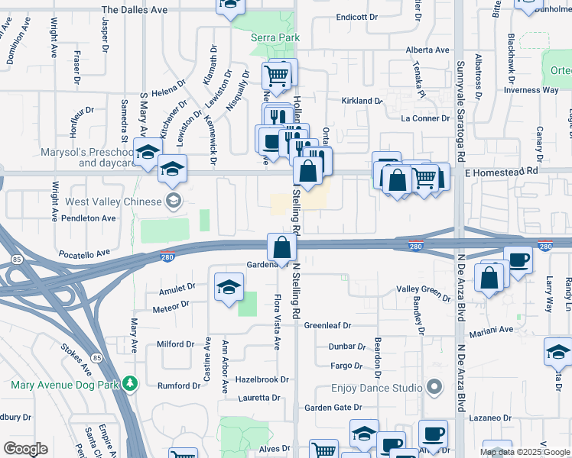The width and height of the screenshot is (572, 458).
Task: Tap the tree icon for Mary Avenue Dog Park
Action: [131, 382]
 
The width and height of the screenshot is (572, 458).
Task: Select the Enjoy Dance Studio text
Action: [376, 389]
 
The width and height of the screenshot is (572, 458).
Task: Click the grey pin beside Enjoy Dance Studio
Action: [435, 388]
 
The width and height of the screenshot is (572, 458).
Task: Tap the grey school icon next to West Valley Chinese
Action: [174, 202]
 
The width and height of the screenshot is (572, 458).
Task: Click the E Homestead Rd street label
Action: [506, 173]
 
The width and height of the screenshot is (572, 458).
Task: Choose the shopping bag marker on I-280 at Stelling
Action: [282, 247]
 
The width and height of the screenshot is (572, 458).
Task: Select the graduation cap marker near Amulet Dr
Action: [228, 288]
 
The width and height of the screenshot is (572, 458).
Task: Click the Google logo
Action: [25, 448]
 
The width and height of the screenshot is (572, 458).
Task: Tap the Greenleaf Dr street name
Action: [327, 325]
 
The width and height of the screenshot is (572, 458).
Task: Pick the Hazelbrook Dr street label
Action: [262, 379]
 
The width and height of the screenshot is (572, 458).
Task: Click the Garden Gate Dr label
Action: [333, 408]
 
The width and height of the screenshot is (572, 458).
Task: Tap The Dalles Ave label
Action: [134, 10]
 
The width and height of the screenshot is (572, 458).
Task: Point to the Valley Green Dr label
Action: [424, 290]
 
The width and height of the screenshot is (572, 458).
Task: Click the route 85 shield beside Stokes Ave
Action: [96, 357]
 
